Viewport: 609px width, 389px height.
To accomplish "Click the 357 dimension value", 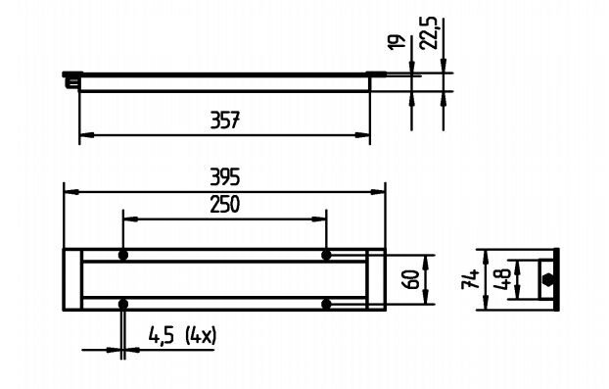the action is click(x=225, y=121).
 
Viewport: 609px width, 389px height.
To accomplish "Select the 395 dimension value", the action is click(x=225, y=177).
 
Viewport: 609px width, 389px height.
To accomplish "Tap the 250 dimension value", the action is click(x=225, y=205).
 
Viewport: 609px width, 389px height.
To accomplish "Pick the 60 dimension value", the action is click(x=411, y=279).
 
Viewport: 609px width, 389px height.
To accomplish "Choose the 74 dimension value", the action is click(x=470, y=279).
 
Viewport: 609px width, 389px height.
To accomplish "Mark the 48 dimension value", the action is click(x=502, y=279).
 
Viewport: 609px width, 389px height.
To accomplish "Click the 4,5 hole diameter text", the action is click(x=162, y=335).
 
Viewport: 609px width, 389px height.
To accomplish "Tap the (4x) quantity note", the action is click(x=201, y=335).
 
